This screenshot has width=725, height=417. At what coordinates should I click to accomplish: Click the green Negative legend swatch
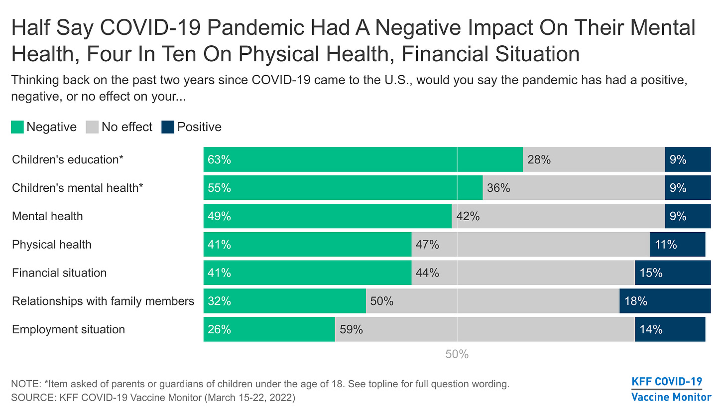(x=17, y=127)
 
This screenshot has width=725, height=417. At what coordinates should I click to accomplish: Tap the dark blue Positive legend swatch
(x=167, y=127)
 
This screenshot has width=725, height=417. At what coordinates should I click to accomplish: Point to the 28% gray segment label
(x=539, y=160)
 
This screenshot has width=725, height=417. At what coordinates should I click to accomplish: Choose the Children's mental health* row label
(x=78, y=188)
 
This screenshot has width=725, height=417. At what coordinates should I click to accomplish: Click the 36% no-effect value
(x=498, y=188)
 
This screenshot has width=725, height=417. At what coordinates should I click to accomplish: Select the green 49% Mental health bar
(x=327, y=216)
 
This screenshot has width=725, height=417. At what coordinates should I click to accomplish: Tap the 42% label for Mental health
(x=468, y=216)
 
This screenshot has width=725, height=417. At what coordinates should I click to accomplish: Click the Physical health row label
(x=52, y=245)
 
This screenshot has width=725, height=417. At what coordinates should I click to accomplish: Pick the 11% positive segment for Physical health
(x=677, y=245)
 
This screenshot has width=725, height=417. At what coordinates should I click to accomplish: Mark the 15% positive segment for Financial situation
(x=672, y=273)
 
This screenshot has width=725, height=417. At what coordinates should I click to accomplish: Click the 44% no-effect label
(x=427, y=273)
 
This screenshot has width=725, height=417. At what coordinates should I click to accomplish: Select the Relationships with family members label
(x=103, y=301)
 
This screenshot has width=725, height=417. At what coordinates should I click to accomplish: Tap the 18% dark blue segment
(x=665, y=301)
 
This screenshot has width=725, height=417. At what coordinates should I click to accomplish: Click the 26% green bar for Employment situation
(x=269, y=329)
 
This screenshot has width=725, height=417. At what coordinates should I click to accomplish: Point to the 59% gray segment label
(x=351, y=329)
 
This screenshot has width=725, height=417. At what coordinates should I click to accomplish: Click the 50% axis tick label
(x=457, y=355)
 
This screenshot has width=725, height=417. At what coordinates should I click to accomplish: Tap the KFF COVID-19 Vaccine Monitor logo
(x=671, y=390)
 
